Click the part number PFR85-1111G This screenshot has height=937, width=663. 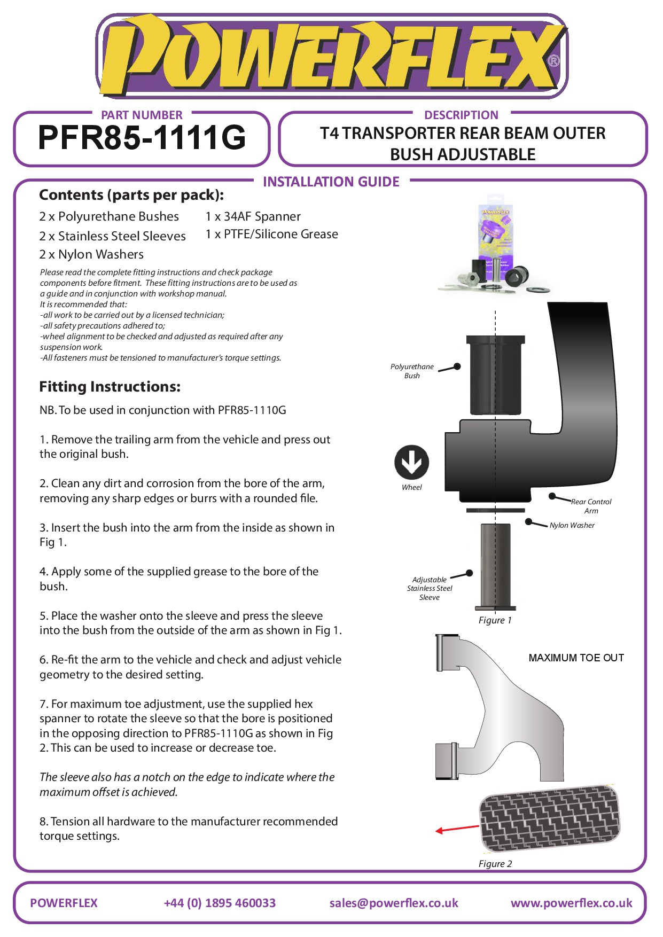(x=142, y=137)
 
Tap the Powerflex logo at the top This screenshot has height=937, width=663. (x=331, y=56)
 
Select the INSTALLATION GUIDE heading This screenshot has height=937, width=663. (x=331, y=182)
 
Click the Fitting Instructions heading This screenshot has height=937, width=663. (x=110, y=386)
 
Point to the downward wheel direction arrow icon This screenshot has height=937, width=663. (x=411, y=462)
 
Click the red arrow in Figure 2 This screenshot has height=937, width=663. (x=457, y=829)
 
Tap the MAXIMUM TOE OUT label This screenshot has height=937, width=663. (x=576, y=658)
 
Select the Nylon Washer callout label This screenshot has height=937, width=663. (x=572, y=525)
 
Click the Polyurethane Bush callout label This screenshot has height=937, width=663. (x=412, y=371)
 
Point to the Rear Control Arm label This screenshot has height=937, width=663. (x=591, y=506)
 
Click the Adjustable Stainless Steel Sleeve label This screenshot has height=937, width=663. (x=430, y=588)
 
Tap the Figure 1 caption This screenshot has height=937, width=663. (x=495, y=620)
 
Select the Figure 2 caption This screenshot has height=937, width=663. (x=495, y=864)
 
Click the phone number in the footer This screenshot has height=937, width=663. (x=220, y=903)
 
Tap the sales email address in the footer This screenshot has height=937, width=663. (x=394, y=903)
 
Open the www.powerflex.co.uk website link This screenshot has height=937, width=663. (x=571, y=903)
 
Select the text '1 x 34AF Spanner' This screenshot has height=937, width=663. (x=253, y=216)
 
